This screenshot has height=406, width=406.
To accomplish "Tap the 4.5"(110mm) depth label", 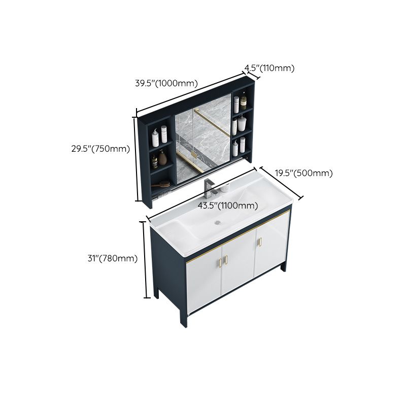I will click(269, 68).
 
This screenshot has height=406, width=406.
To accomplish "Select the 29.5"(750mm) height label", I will click(100, 149).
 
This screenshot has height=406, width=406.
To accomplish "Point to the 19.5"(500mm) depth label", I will click(304, 173).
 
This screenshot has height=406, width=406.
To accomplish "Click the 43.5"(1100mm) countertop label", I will click(227, 206).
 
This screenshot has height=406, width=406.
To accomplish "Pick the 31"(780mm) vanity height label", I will click(112, 258).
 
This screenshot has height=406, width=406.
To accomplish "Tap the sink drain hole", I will click(219, 222).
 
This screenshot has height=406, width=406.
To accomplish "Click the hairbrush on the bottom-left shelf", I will click(163, 184).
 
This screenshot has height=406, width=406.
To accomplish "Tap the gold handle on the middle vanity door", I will click(226, 259).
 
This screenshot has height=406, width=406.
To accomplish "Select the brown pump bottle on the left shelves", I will click(162, 158).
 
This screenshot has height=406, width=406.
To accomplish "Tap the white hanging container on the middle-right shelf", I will click(242, 123).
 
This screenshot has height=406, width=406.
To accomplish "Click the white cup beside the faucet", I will click(224, 188).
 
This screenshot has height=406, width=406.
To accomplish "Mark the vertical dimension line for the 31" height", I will click(146, 259).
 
